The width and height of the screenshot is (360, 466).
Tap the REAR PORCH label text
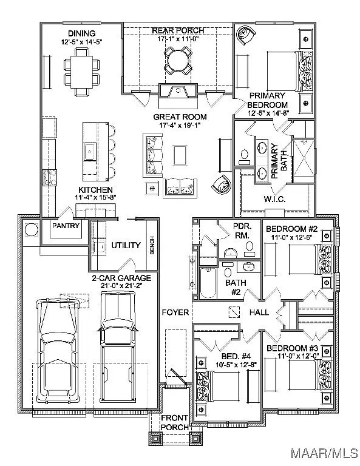click(x=178, y=30)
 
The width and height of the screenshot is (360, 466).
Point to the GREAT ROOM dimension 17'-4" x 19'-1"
click(x=180, y=126)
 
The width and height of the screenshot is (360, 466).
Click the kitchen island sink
click(x=89, y=150)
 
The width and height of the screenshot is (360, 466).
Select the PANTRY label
click(x=66, y=226)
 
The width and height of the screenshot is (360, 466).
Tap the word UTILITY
click(x=126, y=245)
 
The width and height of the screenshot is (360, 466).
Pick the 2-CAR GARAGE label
click(x=121, y=277)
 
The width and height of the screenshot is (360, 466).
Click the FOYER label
click(x=174, y=312)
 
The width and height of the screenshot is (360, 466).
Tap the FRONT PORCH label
click(x=174, y=423)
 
